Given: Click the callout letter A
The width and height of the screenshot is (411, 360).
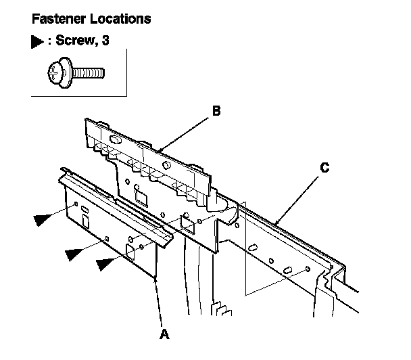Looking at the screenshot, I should [162, 334].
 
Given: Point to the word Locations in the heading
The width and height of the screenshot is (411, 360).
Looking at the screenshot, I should [124, 19].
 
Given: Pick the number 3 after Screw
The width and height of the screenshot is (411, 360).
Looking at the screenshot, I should [105, 41].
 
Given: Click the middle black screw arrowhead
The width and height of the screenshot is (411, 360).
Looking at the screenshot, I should [76, 254].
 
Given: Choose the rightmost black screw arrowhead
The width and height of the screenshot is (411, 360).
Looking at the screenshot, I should [106, 264].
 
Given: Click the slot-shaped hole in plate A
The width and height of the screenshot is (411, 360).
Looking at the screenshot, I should [84, 220].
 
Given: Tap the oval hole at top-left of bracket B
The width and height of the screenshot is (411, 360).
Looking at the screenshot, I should [112, 140].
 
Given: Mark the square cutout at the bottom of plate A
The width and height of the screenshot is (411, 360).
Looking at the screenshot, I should [130, 252].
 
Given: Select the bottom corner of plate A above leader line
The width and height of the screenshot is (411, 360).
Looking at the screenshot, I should [156, 277].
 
